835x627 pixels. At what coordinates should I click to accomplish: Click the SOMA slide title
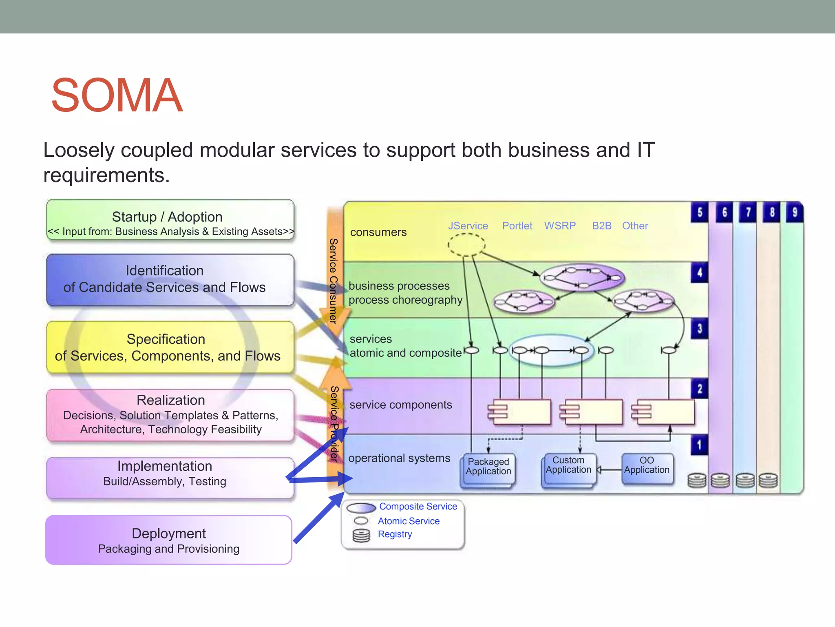click(x=117, y=95)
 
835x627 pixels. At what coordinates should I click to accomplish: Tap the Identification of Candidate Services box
click(x=170, y=280)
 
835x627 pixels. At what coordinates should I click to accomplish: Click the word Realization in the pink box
click(x=170, y=400)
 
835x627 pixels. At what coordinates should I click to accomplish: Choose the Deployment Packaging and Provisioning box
click(x=169, y=540)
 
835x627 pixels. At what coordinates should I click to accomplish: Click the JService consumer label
click(x=468, y=226)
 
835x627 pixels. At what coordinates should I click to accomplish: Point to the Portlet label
click(x=517, y=226)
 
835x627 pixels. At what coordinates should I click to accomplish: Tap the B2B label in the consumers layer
click(x=601, y=226)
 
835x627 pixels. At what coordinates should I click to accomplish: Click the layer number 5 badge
click(x=700, y=212)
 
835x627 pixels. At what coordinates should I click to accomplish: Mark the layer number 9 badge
click(x=795, y=212)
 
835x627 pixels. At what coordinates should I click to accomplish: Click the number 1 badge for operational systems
click(x=699, y=445)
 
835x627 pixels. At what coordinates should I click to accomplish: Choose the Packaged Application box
click(x=488, y=469)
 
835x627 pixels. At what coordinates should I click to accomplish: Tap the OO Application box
click(x=647, y=467)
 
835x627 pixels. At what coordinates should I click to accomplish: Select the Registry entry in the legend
click(x=395, y=534)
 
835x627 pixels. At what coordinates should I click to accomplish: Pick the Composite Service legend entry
click(x=418, y=507)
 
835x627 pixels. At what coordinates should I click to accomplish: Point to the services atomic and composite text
click(x=405, y=346)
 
